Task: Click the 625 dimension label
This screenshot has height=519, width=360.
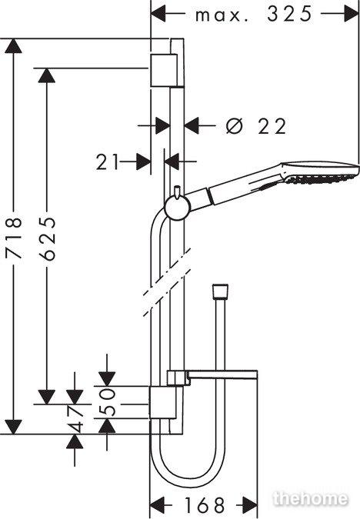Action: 47,238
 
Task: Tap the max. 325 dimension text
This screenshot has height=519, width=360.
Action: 254,15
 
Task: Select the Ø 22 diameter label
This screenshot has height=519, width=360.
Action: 255,126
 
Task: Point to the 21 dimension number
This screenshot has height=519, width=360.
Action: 107,162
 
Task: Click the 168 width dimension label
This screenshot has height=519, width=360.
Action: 205,504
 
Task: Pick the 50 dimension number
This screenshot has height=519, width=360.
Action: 107,402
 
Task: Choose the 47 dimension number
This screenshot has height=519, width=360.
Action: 75,418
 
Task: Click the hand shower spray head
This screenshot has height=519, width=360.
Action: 319,172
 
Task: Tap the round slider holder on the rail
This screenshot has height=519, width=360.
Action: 177,208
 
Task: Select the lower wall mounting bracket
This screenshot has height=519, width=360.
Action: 163,402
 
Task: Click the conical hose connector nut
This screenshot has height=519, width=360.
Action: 220,291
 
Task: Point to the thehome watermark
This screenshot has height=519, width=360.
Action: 311,498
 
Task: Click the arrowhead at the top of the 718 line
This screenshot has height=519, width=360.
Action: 14,46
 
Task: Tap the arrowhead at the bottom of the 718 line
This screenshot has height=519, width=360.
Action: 14,427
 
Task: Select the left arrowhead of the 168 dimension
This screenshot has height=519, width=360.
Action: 158,504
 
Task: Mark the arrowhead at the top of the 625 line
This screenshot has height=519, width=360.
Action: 47,76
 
